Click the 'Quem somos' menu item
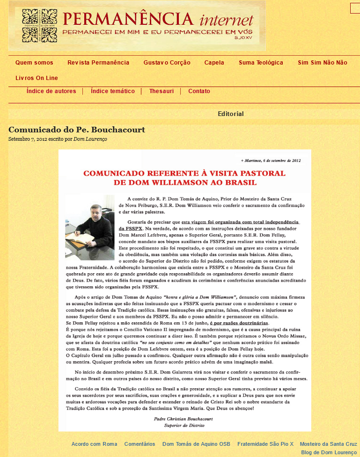(x=34, y=63)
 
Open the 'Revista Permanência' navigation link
(x=98, y=63)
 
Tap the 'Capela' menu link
(x=214, y=63)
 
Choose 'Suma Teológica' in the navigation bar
(x=261, y=63)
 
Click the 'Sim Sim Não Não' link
(x=323, y=63)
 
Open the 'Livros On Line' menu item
(x=37, y=78)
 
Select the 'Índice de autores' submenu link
(x=51, y=91)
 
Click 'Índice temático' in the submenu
(x=113, y=91)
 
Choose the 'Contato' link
(x=199, y=91)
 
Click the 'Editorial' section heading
(x=231, y=114)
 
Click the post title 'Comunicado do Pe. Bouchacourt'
(x=77, y=130)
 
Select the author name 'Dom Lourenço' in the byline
(x=90, y=139)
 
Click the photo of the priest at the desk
(x=90, y=227)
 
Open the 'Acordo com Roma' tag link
(x=94, y=444)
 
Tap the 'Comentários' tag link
(x=140, y=444)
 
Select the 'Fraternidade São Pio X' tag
(x=265, y=444)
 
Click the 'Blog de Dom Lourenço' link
(x=329, y=452)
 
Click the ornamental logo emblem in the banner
(x=37, y=26)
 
